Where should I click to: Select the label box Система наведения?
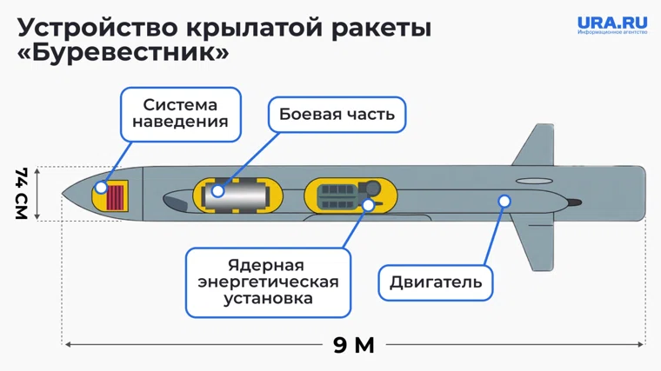click(x=180, y=114)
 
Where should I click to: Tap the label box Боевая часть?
click(x=337, y=114)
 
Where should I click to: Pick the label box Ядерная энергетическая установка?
click(x=268, y=282)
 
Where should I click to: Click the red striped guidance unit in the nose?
click(x=116, y=195)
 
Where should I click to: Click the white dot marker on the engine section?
click(x=504, y=202)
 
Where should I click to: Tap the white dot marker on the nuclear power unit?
click(x=369, y=205)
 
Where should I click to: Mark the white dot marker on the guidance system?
click(x=102, y=187)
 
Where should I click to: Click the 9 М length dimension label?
click(x=354, y=345)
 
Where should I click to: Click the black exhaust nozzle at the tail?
click(x=572, y=202)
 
